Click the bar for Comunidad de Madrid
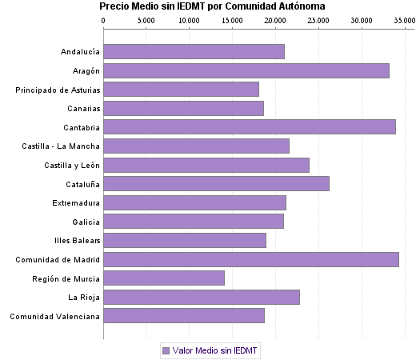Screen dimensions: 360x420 pos(251,259)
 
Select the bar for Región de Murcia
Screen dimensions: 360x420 pos(164,278)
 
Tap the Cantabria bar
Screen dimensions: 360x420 pos(250,126)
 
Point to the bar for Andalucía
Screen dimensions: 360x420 pos(194,52)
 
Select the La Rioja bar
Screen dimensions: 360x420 pos(202,297)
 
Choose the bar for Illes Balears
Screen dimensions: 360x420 pos(185,240)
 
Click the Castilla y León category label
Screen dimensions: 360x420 pos(72,165)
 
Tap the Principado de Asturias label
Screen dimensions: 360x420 pos(58,90)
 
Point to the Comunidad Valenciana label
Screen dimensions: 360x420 pos(55,316)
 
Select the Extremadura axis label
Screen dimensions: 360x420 pos(76,202)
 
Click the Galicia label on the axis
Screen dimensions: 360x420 pos(86,222)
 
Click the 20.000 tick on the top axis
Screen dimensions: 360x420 pos(274,19)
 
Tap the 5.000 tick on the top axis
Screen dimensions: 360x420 pos(146,19)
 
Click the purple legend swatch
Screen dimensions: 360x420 pos(166,350)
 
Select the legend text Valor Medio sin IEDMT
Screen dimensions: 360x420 pos(216,350)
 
